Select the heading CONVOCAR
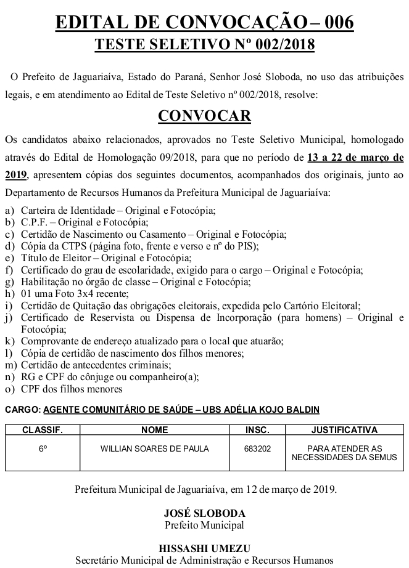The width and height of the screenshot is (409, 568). tap(204, 116)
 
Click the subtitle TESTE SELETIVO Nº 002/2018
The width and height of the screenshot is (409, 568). tap(204, 45)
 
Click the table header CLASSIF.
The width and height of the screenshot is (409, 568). tap(43, 430)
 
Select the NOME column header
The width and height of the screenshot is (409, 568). tap(154, 430)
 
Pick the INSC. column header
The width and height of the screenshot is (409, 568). tap(257, 430)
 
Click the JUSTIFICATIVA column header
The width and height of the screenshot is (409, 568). tap(344, 430)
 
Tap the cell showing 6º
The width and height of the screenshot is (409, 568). tap(43, 449)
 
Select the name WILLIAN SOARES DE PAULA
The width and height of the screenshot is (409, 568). tap(154, 449)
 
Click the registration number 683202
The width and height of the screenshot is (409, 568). tap(257, 449)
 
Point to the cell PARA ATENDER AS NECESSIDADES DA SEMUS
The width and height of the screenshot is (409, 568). tap(344, 453)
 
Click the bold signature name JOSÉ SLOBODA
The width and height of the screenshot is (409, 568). tap(204, 513)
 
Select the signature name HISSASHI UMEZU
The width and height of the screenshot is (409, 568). tap(204, 548)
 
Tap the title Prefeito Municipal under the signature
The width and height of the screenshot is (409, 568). tap(204, 525)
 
